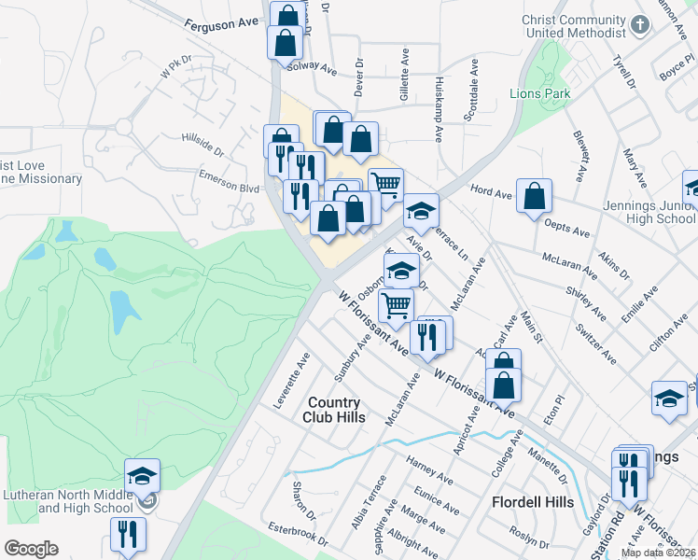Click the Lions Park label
[x=538, y=93]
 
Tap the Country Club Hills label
[x=333, y=410]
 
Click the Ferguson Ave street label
[x=220, y=24]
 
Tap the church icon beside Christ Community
[x=640, y=23]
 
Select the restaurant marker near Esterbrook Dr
[x=127, y=534]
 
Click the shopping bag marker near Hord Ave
[x=534, y=196]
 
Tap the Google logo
[x=30, y=549]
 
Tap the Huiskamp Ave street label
[x=438, y=109]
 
